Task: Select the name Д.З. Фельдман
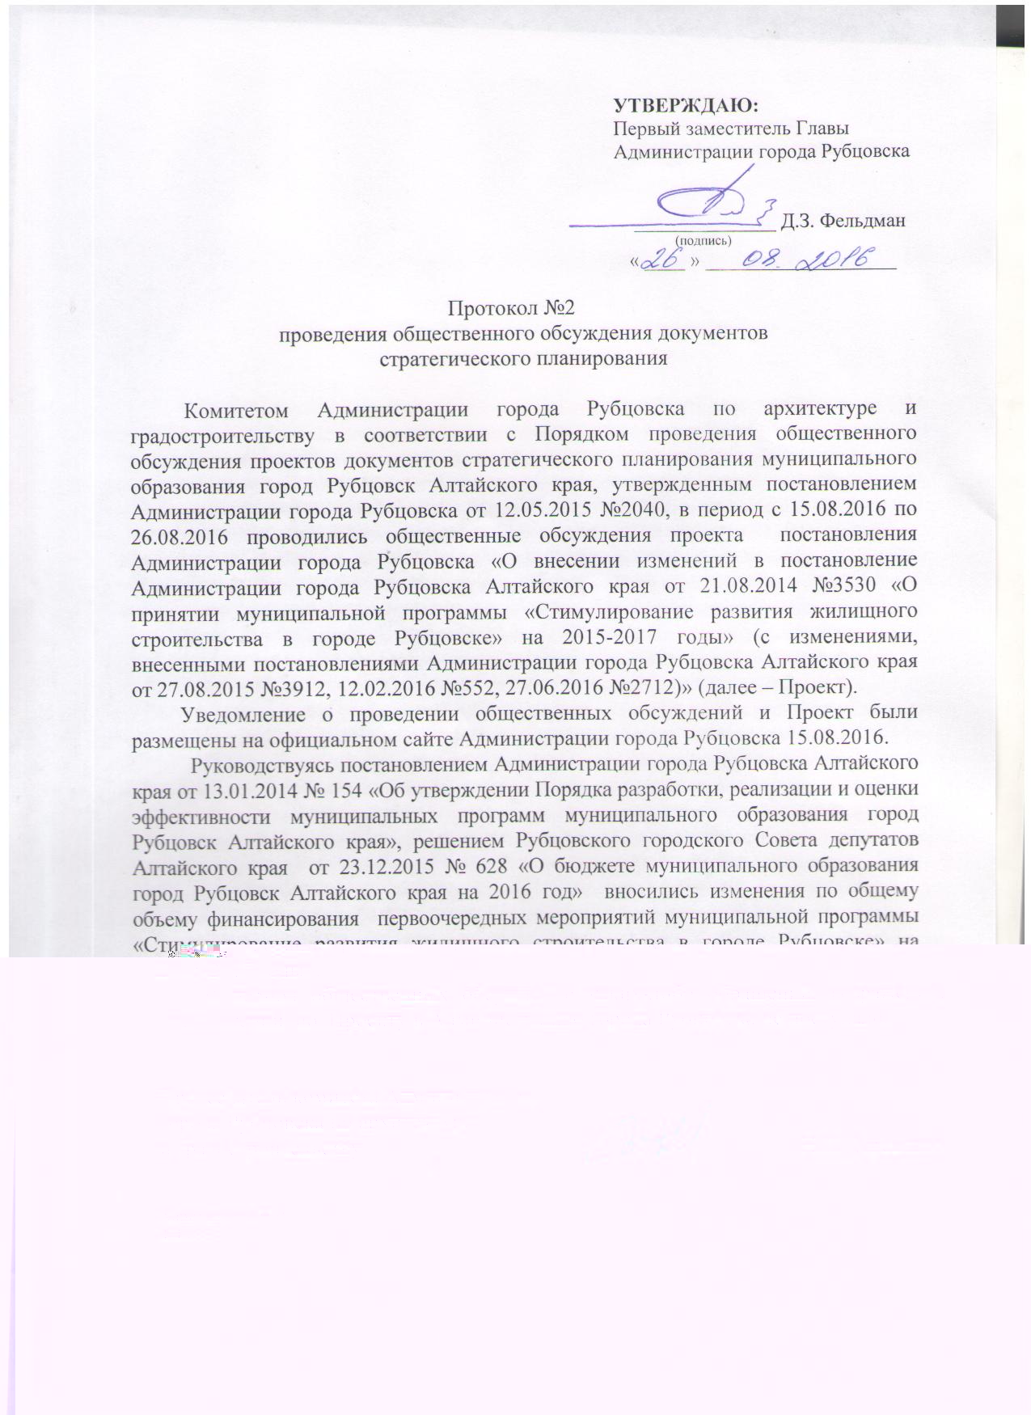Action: pyautogui.click(x=843, y=221)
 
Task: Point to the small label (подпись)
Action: pyautogui.click(x=703, y=239)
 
